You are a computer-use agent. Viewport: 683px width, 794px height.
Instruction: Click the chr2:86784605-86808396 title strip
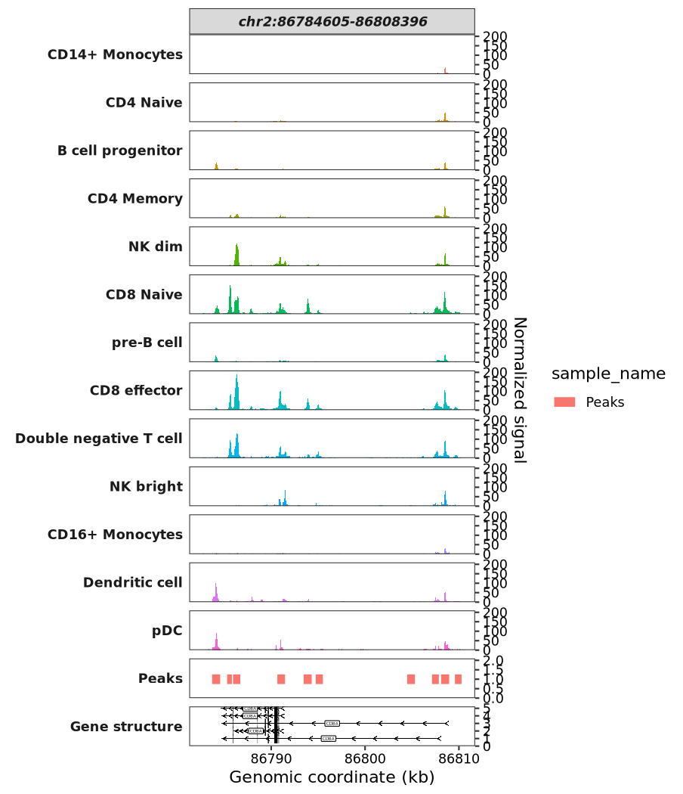click(x=332, y=22)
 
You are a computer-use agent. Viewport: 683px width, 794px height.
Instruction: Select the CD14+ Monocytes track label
click(x=115, y=54)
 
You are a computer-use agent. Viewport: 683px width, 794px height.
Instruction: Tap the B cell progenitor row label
click(x=119, y=150)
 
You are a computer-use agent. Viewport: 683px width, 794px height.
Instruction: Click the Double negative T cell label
click(x=98, y=439)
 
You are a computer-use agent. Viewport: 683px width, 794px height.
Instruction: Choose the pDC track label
click(x=167, y=630)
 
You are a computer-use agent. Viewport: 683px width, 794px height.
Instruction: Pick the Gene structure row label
click(x=126, y=727)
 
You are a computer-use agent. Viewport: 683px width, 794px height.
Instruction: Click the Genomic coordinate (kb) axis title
click(x=332, y=778)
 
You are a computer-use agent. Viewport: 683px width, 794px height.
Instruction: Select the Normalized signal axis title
click(x=520, y=389)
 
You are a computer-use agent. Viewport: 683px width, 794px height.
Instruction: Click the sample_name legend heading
click(x=608, y=374)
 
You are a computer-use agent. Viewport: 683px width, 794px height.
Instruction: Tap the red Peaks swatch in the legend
click(x=564, y=402)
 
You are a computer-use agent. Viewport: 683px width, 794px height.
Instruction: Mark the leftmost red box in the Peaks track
click(x=216, y=679)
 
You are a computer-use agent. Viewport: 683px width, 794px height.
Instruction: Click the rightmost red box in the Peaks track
click(x=458, y=679)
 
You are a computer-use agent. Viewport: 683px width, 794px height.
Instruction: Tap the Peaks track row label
click(x=160, y=678)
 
